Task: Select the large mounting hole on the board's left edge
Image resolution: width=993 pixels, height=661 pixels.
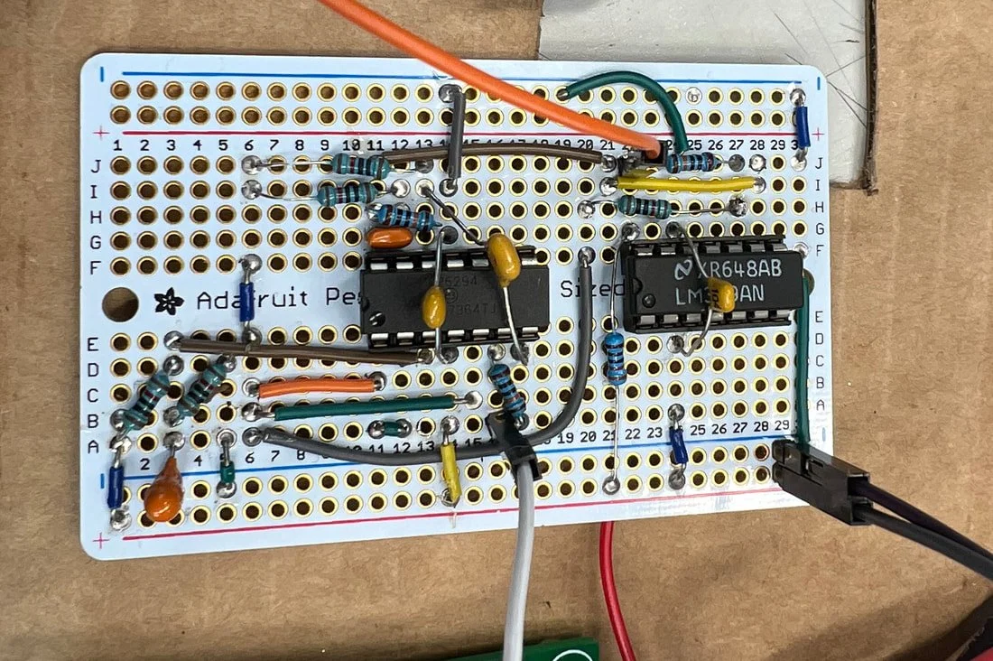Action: click(120, 304)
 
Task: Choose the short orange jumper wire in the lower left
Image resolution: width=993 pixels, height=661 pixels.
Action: click(316, 386)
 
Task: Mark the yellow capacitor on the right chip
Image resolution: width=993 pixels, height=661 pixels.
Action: click(721, 294)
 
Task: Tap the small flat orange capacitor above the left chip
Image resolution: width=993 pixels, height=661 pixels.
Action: click(391, 237)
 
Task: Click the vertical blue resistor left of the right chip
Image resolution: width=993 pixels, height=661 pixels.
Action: click(615, 358)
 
